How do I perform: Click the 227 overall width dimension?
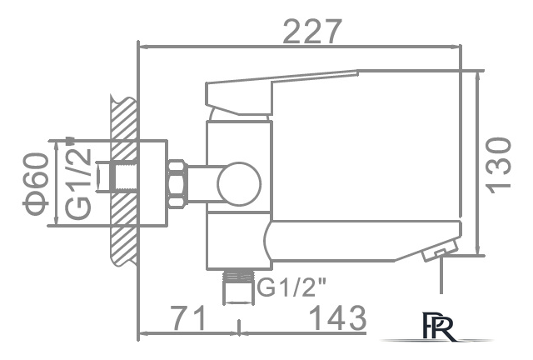313,31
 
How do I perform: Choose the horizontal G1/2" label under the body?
292,287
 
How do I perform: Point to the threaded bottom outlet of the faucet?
238,286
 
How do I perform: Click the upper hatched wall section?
123,121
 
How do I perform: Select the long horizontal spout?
358,238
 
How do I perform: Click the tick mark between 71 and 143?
240,332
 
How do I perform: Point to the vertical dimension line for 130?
478,163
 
